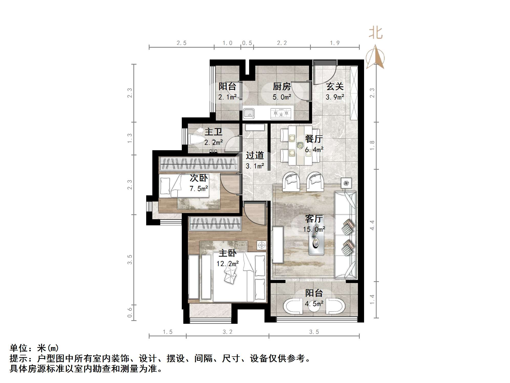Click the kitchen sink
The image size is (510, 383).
248,113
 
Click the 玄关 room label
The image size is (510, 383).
335,87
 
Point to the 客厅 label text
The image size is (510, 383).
314,219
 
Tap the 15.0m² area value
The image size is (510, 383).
314,229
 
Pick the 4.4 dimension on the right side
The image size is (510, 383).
372,225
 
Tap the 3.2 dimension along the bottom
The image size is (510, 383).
227,332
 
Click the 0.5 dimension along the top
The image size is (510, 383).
247,43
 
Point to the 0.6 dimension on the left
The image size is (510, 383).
130,312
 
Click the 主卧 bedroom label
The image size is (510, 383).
227,253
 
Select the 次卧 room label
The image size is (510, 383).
199,178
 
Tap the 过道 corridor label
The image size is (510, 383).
254,155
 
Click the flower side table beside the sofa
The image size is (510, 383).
346,183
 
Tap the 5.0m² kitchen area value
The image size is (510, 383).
282,97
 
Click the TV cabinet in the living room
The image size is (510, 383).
278,245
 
